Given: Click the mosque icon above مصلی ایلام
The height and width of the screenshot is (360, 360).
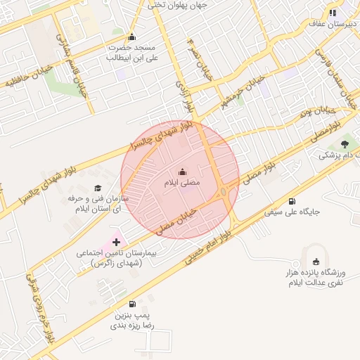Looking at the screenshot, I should tap(182, 172).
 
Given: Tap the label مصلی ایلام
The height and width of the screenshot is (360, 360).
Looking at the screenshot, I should tap(181, 183).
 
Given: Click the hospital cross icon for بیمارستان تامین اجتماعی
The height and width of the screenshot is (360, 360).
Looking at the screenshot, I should tap(116, 241).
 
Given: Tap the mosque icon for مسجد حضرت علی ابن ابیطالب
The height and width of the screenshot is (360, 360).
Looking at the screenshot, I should tap(131, 37).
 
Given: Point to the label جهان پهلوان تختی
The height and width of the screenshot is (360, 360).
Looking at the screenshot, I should tap(176, 5).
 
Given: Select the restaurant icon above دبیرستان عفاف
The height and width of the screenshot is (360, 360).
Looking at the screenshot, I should tap(332, 13).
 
